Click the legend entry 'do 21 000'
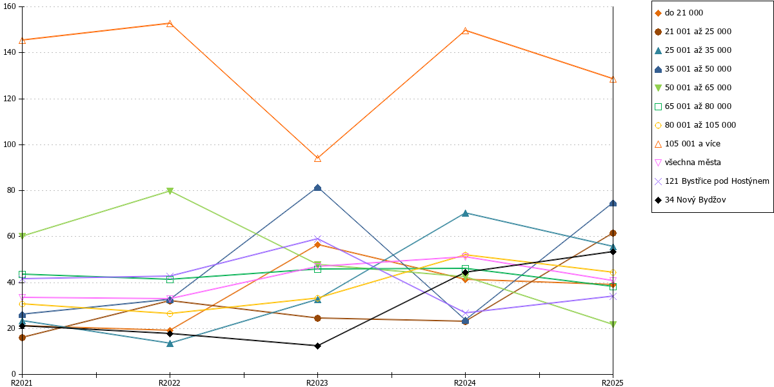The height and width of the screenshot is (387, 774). tap(679, 13)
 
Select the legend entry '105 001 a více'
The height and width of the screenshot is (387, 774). tap(688, 144)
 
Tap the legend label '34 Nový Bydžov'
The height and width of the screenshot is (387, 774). tap(690, 200)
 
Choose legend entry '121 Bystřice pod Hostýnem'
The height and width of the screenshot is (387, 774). tap(712, 181)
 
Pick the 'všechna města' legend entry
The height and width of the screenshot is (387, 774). tap(688, 163)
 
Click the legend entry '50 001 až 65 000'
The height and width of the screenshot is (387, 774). tap(693, 88)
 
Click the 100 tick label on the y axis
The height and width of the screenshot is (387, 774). tap(9, 144)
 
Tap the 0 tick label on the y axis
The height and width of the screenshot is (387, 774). tap(14, 374)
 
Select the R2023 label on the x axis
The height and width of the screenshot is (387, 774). tap(317, 383)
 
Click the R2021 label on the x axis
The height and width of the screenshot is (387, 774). tap(22, 383)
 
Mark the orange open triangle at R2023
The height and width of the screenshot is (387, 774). tap(317, 159)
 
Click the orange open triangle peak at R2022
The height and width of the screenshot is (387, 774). tap(170, 23)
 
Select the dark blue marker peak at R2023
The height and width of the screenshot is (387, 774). tap(317, 188)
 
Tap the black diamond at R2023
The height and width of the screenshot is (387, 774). tap(317, 346)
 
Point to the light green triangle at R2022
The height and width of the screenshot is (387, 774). tap(170, 191)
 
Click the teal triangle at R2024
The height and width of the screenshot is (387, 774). tap(465, 213)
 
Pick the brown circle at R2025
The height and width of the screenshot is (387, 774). tap(613, 233)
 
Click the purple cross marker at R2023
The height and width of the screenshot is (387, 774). tap(317, 239)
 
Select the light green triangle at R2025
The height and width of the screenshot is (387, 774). tap(613, 324)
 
